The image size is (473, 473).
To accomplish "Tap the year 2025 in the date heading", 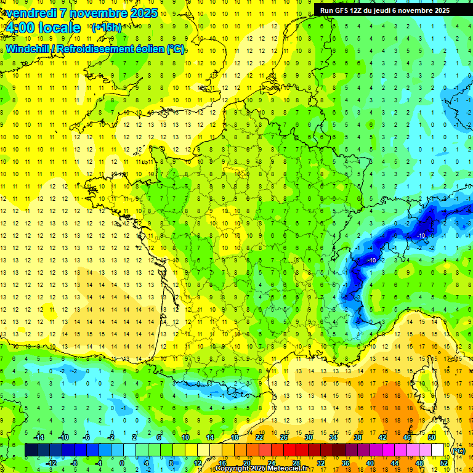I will [x=143, y=13].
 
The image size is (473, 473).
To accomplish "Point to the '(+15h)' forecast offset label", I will [x=107, y=27].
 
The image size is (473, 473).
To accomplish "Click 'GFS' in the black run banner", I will [x=344, y=10].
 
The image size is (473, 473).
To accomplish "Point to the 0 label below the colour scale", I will [x=122, y=463].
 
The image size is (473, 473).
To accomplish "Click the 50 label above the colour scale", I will [x=431, y=437].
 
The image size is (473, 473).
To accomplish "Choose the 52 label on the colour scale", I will [x=443, y=463].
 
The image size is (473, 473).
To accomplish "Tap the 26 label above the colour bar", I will [x=283, y=437].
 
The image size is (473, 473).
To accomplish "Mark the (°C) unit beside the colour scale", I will [x=458, y=450].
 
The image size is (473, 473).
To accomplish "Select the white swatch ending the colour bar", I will [x=437, y=450].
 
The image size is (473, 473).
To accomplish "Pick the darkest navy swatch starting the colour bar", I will [x=31, y=450].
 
